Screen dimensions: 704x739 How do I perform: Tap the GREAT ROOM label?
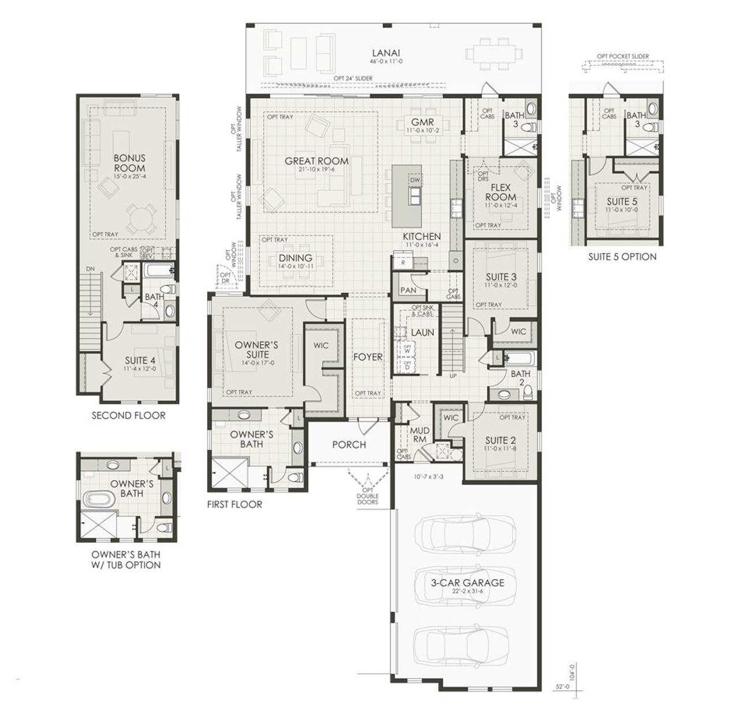316,161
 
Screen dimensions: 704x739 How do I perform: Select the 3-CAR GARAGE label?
467,583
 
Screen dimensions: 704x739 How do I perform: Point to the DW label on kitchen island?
415,180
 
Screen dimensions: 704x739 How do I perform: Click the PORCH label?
349,444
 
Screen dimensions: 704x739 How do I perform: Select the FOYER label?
368,357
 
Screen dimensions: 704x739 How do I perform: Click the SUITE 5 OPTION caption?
622,256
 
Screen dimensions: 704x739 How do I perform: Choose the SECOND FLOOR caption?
128,415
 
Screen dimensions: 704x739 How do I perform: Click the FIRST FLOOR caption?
234,504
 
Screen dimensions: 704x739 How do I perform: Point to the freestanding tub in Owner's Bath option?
100,499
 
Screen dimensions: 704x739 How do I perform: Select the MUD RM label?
419,434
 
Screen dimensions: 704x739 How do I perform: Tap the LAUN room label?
422,332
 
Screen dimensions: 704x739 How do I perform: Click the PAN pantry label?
408,290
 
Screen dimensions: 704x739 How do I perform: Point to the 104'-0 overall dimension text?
572,673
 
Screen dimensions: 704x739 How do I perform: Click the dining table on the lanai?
491,53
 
